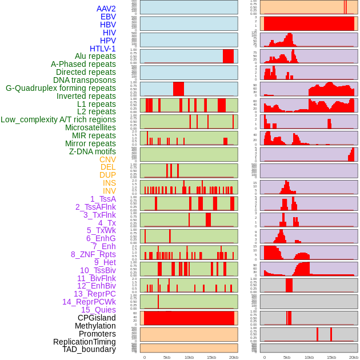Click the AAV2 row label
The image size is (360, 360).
tap(106, 9)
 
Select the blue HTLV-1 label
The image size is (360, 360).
tap(102, 49)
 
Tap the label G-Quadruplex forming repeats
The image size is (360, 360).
tap(61, 88)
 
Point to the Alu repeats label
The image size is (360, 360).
tap(95, 57)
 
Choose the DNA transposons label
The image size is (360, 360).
tap(85, 80)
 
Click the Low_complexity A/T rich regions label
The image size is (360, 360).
tap(58, 119)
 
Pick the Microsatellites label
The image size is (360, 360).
tap(90, 127)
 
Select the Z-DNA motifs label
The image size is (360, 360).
tap(92, 151)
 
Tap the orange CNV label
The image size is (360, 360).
tap(107, 159)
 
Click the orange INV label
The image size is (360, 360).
tap(109, 191)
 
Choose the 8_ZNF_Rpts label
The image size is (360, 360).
tap(93, 254)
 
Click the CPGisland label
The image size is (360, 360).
tap(97, 318)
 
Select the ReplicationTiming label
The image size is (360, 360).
tap(84, 342)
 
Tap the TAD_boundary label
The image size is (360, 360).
tap(89, 349)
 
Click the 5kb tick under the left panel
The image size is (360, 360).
tap(166, 357)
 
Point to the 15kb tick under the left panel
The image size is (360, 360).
tap(211, 357)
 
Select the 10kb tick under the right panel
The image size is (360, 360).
tap(309, 357)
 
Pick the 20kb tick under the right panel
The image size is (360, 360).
tap(354, 357)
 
